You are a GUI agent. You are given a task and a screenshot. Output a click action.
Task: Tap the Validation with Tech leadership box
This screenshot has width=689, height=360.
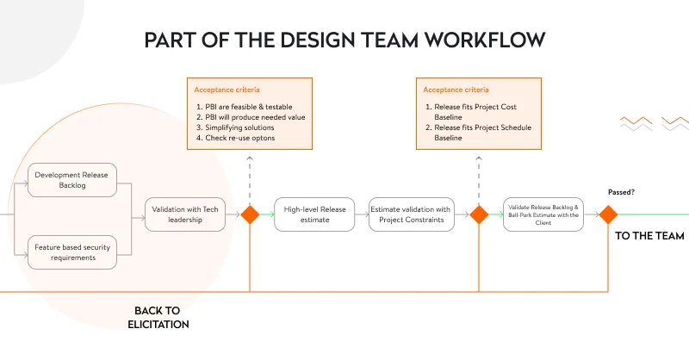coord(184,214)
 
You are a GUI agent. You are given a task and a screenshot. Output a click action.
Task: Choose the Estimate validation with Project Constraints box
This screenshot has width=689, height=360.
coord(410,214)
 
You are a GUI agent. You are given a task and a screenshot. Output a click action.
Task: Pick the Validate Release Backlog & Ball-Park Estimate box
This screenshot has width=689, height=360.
coord(544,214)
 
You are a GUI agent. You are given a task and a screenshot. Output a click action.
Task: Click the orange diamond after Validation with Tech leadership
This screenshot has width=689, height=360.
coord(250,214)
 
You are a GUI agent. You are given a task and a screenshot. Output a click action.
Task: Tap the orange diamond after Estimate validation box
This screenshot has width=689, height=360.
coord(480,214)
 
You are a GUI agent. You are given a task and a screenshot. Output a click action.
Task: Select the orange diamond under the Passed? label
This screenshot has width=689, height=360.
coord(608,214)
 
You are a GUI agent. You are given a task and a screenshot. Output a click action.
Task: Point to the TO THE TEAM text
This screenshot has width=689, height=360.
coord(649,235)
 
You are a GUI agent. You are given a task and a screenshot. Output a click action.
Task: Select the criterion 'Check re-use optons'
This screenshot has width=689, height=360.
coord(239,138)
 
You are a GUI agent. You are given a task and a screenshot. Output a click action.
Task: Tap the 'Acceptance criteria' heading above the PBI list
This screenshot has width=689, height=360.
coord(227,89)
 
